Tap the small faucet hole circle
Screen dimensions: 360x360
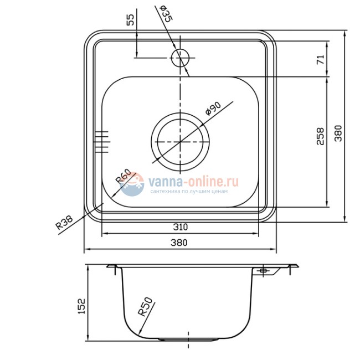181,57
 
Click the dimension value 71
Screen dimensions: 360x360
320,59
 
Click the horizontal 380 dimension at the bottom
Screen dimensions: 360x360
180,243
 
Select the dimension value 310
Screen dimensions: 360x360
180,226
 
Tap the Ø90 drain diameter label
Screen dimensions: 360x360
213,108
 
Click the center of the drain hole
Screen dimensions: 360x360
181,142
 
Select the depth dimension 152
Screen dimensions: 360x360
81,305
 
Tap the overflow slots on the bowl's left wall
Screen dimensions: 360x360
102,141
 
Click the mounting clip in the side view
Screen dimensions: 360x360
262,270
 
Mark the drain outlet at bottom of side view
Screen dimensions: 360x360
181,338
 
